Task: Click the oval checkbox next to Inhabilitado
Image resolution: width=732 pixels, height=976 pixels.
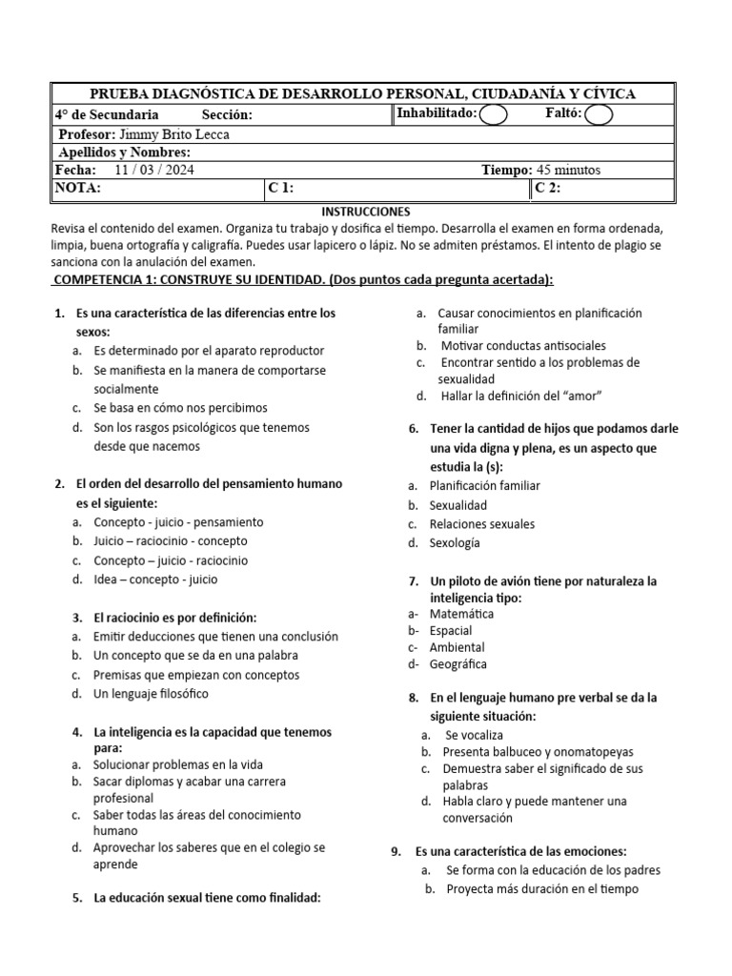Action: [494, 115]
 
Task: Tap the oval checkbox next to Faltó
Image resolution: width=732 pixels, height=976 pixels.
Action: [598, 115]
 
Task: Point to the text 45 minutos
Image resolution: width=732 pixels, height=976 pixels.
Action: [569, 171]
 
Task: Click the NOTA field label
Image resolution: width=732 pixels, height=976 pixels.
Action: [77, 189]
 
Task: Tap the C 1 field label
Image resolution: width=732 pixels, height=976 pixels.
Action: [280, 189]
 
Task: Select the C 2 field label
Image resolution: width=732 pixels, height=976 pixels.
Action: [547, 189]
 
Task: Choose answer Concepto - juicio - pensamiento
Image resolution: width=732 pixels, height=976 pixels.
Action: [178, 522]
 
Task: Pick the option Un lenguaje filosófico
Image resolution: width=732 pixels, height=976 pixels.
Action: [151, 694]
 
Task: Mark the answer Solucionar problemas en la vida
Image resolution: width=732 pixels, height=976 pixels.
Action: [178, 764]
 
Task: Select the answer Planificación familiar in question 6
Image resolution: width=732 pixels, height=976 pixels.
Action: [484, 485]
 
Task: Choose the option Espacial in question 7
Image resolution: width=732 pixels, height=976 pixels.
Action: [450, 630]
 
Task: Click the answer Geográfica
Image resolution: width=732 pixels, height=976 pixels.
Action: [457, 664]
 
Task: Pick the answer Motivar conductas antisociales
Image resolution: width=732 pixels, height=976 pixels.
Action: [523, 346]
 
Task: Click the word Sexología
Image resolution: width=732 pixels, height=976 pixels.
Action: [455, 543]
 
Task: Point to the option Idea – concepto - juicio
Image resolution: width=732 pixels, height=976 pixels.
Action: [155, 579]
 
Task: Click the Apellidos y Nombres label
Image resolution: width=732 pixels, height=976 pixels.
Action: [125, 152]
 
